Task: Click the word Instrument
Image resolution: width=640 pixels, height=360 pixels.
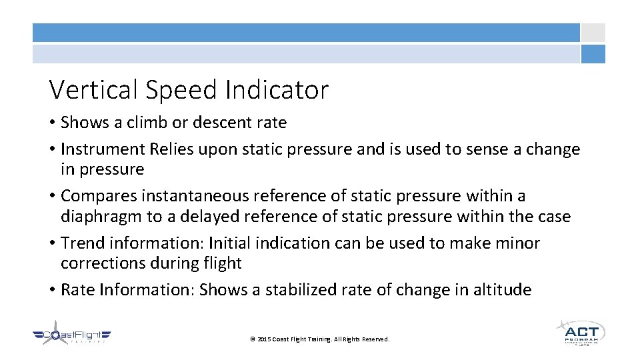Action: tap(100, 149)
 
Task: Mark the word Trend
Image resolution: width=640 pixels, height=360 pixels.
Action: tap(80, 243)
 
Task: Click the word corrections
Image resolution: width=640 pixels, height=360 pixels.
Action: tap(103, 263)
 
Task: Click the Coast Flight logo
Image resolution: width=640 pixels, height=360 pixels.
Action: tap(73, 336)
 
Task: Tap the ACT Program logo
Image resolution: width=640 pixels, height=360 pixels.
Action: tap(580, 333)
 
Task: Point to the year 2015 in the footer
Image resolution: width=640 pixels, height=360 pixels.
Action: tap(263, 339)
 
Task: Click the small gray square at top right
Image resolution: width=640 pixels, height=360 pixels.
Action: tap(593, 33)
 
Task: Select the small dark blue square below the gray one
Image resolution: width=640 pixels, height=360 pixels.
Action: tap(593, 54)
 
